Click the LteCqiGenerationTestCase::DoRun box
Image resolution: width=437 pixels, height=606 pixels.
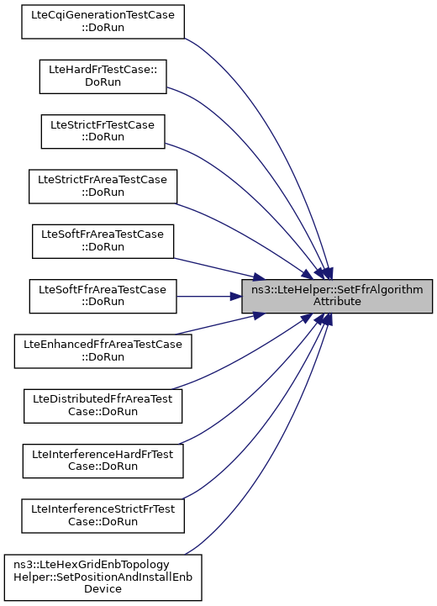pyautogui.click(x=103, y=22)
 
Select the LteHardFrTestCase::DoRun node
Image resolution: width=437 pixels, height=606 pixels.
pyautogui.click(x=103, y=76)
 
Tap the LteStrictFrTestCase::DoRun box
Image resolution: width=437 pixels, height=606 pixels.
pyautogui.click(x=103, y=131)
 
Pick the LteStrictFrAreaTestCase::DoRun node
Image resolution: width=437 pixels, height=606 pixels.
pyautogui.click(x=103, y=187)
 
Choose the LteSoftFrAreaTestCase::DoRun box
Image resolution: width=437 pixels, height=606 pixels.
pyautogui.click(x=103, y=241)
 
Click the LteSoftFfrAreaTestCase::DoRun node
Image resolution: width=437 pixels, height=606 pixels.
pyautogui.click(x=103, y=297)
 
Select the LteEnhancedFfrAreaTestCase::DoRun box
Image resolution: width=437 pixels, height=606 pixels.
pyautogui.click(x=103, y=351)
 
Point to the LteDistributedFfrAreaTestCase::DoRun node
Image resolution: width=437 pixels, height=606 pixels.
pyautogui.click(x=103, y=406)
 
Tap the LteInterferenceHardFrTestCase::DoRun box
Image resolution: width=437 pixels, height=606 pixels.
pyautogui.click(x=103, y=461)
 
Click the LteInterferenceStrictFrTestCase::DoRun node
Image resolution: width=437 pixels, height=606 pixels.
pyautogui.click(x=103, y=516)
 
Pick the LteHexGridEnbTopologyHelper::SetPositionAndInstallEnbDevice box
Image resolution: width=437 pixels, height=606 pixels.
pyautogui.click(x=103, y=577)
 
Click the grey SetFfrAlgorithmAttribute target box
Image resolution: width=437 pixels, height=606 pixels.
pyautogui.click(x=337, y=297)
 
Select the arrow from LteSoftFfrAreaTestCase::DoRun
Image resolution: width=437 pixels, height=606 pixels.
pyautogui.click(x=209, y=297)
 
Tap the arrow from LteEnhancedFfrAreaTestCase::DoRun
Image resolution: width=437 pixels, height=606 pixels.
pyautogui.click(x=219, y=324)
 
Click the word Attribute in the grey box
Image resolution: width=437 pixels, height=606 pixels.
pyautogui.click(x=337, y=302)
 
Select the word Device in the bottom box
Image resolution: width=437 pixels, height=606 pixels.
pyautogui.click(x=103, y=589)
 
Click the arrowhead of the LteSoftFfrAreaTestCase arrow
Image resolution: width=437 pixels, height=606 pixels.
pyautogui.click(x=236, y=297)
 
